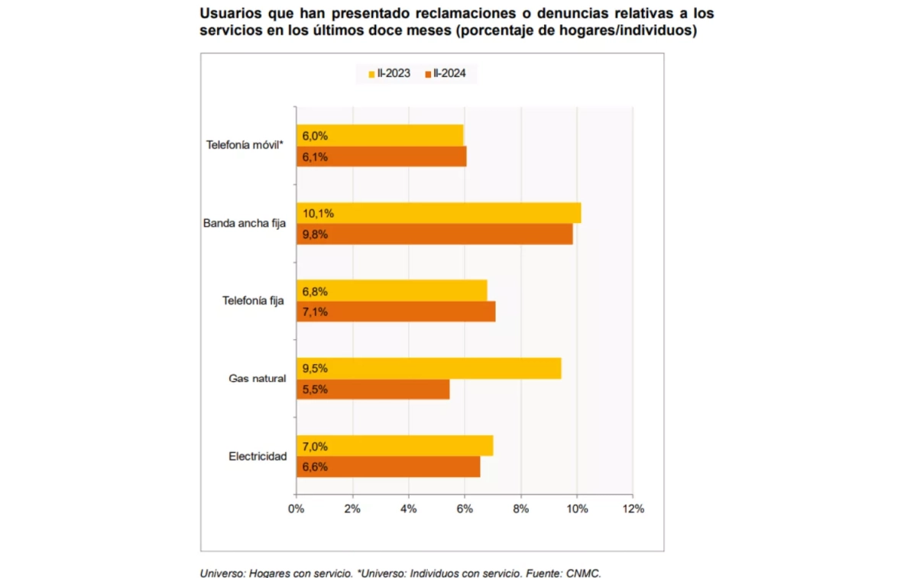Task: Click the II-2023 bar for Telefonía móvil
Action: coord(380,135)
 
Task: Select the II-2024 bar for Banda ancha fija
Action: coord(434,234)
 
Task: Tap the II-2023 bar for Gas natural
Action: coord(429,368)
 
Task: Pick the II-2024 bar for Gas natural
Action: coord(373,389)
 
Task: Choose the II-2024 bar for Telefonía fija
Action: coord(396,312)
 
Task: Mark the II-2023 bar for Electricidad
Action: coord(394,446)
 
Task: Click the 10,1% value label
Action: coord(319,213)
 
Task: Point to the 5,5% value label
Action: coord(316,389)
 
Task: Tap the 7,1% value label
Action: coord(316,312)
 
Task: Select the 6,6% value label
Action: coord(316,467)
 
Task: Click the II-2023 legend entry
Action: coord(389,73)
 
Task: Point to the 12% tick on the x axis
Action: coord(633,509)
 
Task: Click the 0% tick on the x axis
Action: coord(296,509)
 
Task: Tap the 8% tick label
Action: coord(520,509)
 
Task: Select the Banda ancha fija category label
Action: coord(244,224)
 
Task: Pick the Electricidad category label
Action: coord(258,457)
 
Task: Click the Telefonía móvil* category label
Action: coord(245,145)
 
